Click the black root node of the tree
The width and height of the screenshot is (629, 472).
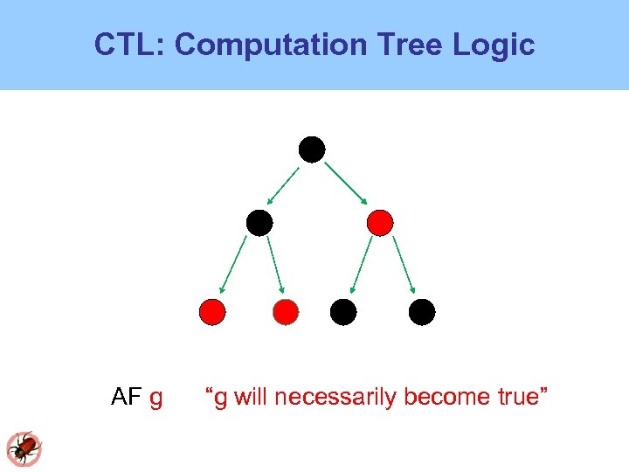[x=312, y=149]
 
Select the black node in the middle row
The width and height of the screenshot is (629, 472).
[x=259, y=223]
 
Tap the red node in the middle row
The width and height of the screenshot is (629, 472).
[x=380, y=223]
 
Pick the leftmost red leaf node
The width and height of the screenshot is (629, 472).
[x=212, y=311]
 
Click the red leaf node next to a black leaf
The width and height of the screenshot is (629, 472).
[x=286, y=311]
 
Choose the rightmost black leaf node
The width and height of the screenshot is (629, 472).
[x=422, y=311]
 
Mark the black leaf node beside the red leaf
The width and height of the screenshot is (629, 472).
[x=343, y=311]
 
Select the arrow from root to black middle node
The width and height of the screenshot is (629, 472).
[x=285, y=185]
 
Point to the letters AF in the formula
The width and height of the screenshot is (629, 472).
[x=127, y=397]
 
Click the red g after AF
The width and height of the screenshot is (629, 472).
[x=156, y=399]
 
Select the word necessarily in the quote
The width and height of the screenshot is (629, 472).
[x=335, y=397]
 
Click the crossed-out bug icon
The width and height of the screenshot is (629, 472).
[x=24, y=448]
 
